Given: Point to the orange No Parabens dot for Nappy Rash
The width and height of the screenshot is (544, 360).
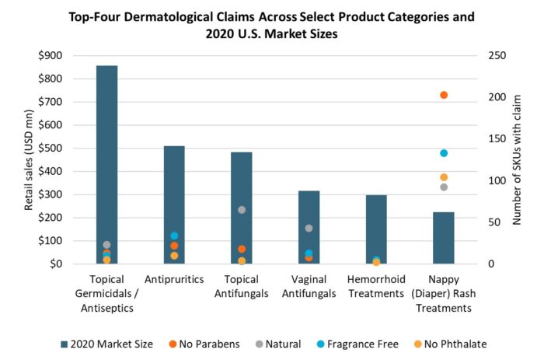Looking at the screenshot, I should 444,95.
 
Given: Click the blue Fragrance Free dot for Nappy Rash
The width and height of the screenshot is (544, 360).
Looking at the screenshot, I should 444,153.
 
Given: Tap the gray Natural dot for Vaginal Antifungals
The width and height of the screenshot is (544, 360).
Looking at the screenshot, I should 309,228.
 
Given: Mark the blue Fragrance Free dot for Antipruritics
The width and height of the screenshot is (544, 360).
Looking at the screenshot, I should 174,236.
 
